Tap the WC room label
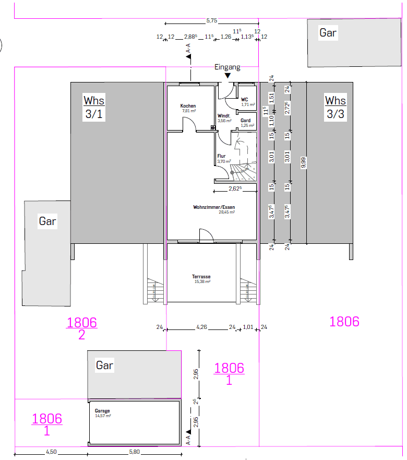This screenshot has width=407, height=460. click(244, 99)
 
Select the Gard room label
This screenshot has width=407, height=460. click(245, 121)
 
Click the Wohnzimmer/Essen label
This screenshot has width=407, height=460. click(214, 207)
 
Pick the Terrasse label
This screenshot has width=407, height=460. click(201, 277)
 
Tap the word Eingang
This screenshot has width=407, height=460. click(228, 67)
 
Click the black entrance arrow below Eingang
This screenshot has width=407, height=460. click(228, 76)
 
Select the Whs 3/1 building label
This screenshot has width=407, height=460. click(94, 107)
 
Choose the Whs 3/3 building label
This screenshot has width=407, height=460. click(336, 107)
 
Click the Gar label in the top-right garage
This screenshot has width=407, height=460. click(328, 33)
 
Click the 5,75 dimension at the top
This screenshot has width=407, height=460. click(211, 20)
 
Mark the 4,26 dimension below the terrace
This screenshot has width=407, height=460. click(201, 327)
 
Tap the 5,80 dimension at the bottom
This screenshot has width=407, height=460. click(134, 452)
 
